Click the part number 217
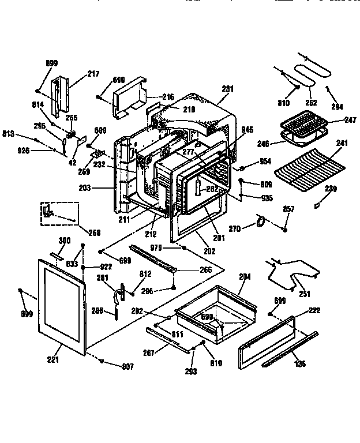pyautogui.click(x=93, y=74)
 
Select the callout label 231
pyautogui.click(x=228, y=89)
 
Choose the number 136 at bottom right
pyautogui.click(x=300, y=364)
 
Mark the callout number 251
pyautogui.click(x=304, y=294)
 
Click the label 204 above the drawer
pyautogui.click(x=245, y=277)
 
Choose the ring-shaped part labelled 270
pyautogui.click(x=261, y=221)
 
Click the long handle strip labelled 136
pyautogui.click(x=291, y=350)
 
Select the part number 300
pyautogui.click(x=65, y=240)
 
